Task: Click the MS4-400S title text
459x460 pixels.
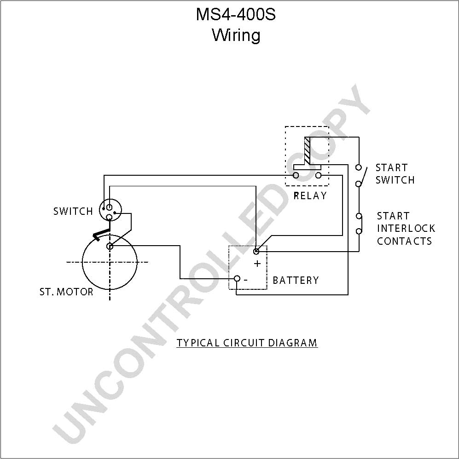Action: [236, 14]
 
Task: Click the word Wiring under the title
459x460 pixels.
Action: [236, 35]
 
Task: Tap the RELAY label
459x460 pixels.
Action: [310, 195]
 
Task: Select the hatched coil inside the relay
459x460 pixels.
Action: [307, 151]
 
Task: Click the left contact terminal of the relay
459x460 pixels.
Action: [296, 175]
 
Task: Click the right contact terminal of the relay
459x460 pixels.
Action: [318, 175]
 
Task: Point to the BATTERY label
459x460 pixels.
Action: [296, 280]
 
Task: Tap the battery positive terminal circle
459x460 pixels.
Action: [256, 251]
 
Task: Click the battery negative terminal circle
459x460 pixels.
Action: [237, 278]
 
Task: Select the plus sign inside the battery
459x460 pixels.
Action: [257, 264]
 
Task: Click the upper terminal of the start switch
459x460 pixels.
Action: [358, 167]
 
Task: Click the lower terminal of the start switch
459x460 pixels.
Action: [358, 184]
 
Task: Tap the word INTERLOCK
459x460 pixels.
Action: [406, 228]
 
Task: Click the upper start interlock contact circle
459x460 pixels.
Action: [359, 216]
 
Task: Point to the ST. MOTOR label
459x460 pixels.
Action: [66, 292]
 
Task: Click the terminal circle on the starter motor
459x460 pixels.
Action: [110, 247]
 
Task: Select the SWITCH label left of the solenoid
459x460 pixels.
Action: [73, 211]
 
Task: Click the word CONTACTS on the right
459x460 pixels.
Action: [404, 241]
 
